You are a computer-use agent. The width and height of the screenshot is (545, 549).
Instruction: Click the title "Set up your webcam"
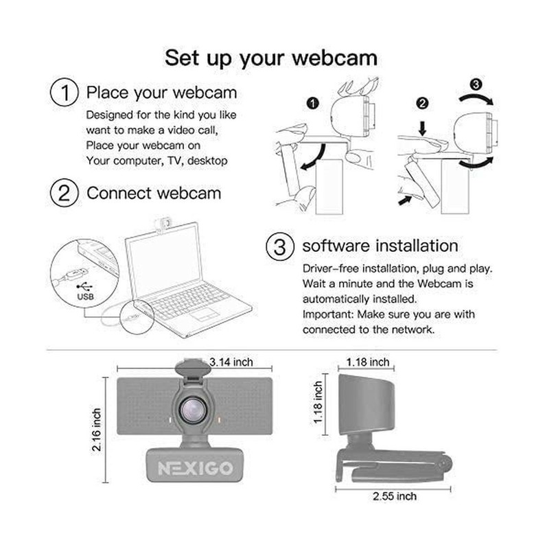(271, 57)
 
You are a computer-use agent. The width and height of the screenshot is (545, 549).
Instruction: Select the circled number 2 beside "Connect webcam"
(63, 193)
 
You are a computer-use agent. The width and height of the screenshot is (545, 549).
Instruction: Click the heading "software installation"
(380, 246)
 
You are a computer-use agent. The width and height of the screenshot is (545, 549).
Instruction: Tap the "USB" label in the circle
(84, 299)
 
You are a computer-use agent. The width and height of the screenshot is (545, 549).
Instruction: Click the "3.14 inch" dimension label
(232, 362)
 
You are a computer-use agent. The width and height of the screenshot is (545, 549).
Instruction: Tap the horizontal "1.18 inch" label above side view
(368, 362)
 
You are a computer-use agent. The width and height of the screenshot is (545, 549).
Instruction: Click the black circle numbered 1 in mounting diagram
(314, 104)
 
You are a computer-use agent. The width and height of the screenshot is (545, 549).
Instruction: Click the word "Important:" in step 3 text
(326, 314)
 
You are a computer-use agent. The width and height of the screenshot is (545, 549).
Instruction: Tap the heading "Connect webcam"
(154, 193)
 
